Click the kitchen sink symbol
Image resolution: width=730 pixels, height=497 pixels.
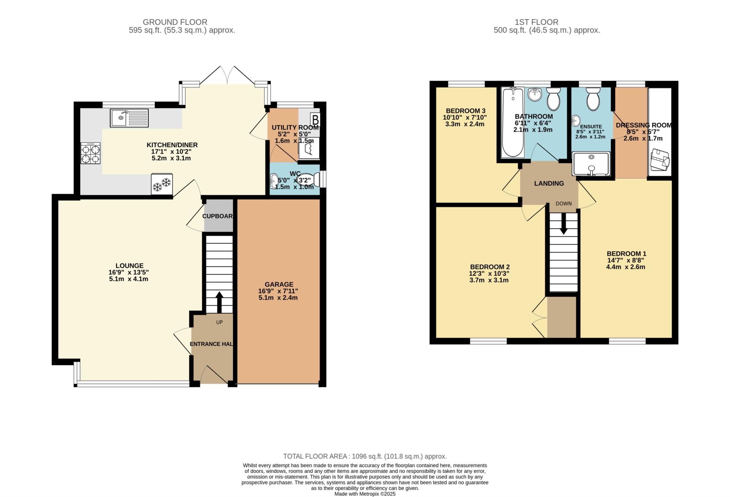point(129,118)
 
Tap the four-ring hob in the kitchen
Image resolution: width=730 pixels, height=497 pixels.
point(91,153)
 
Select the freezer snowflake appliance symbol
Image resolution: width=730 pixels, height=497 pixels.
point(162,184)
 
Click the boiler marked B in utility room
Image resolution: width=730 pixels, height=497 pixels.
point(315,119)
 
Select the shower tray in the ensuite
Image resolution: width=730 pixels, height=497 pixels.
point(591,164)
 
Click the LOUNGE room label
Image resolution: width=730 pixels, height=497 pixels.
point(129,265)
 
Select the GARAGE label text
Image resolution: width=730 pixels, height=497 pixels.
point(279,284)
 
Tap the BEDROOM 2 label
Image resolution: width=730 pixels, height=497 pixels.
point(490,267)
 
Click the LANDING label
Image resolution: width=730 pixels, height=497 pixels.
point(549,183)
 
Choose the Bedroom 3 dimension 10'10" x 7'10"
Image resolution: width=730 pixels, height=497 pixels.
point(464,117)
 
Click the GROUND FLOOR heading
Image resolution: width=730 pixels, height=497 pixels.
point(175,22)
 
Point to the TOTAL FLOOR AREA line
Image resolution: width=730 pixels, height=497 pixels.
point(365,456)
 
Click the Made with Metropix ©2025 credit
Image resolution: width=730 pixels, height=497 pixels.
point(365,494)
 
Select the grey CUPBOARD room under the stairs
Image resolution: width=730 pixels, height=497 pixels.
point(218,216)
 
